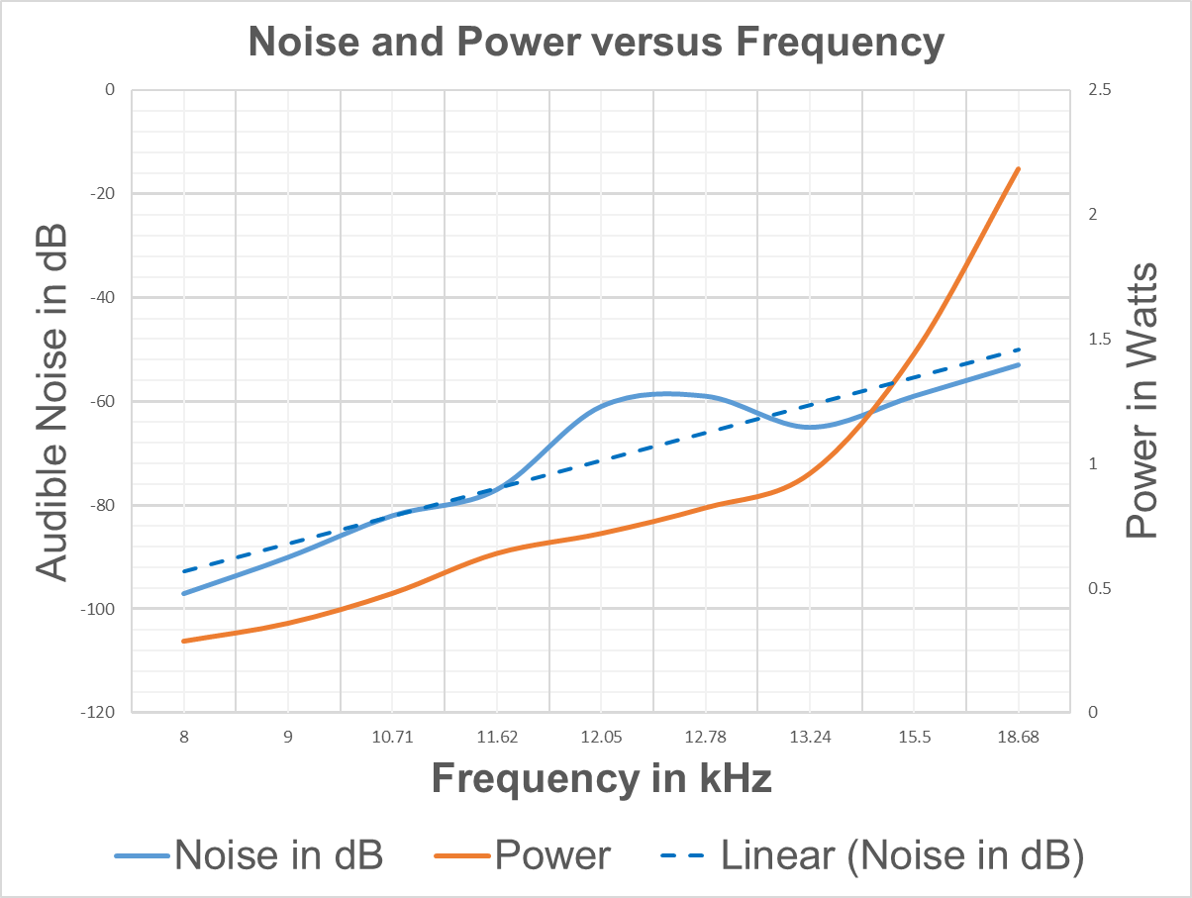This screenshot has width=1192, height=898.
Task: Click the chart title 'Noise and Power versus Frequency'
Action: [x=596, y=43]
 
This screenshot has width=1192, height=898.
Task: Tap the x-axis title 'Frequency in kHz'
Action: [x=601, y=779]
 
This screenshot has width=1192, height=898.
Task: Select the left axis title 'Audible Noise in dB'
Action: [x=52, y=401]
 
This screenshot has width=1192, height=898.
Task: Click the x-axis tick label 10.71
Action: [x=392, y=737]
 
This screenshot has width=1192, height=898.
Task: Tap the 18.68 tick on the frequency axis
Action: [x=1018, y=737]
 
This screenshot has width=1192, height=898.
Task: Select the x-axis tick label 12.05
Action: [x=601, y=737]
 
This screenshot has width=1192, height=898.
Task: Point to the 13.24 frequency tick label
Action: [x=809, y=737]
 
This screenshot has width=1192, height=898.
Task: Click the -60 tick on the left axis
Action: [x=101, y=401]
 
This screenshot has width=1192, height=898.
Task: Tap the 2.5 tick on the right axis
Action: [x=1100, y=90]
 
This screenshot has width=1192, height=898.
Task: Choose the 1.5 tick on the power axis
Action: [x=1100, y=340]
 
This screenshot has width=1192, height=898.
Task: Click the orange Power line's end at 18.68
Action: [x=1018, y=169]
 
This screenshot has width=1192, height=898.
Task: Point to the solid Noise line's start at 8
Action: [x=184, y=593]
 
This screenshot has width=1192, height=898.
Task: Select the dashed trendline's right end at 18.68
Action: [x=1018, y=349]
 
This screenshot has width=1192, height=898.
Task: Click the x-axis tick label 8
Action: [x=184, y=737]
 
